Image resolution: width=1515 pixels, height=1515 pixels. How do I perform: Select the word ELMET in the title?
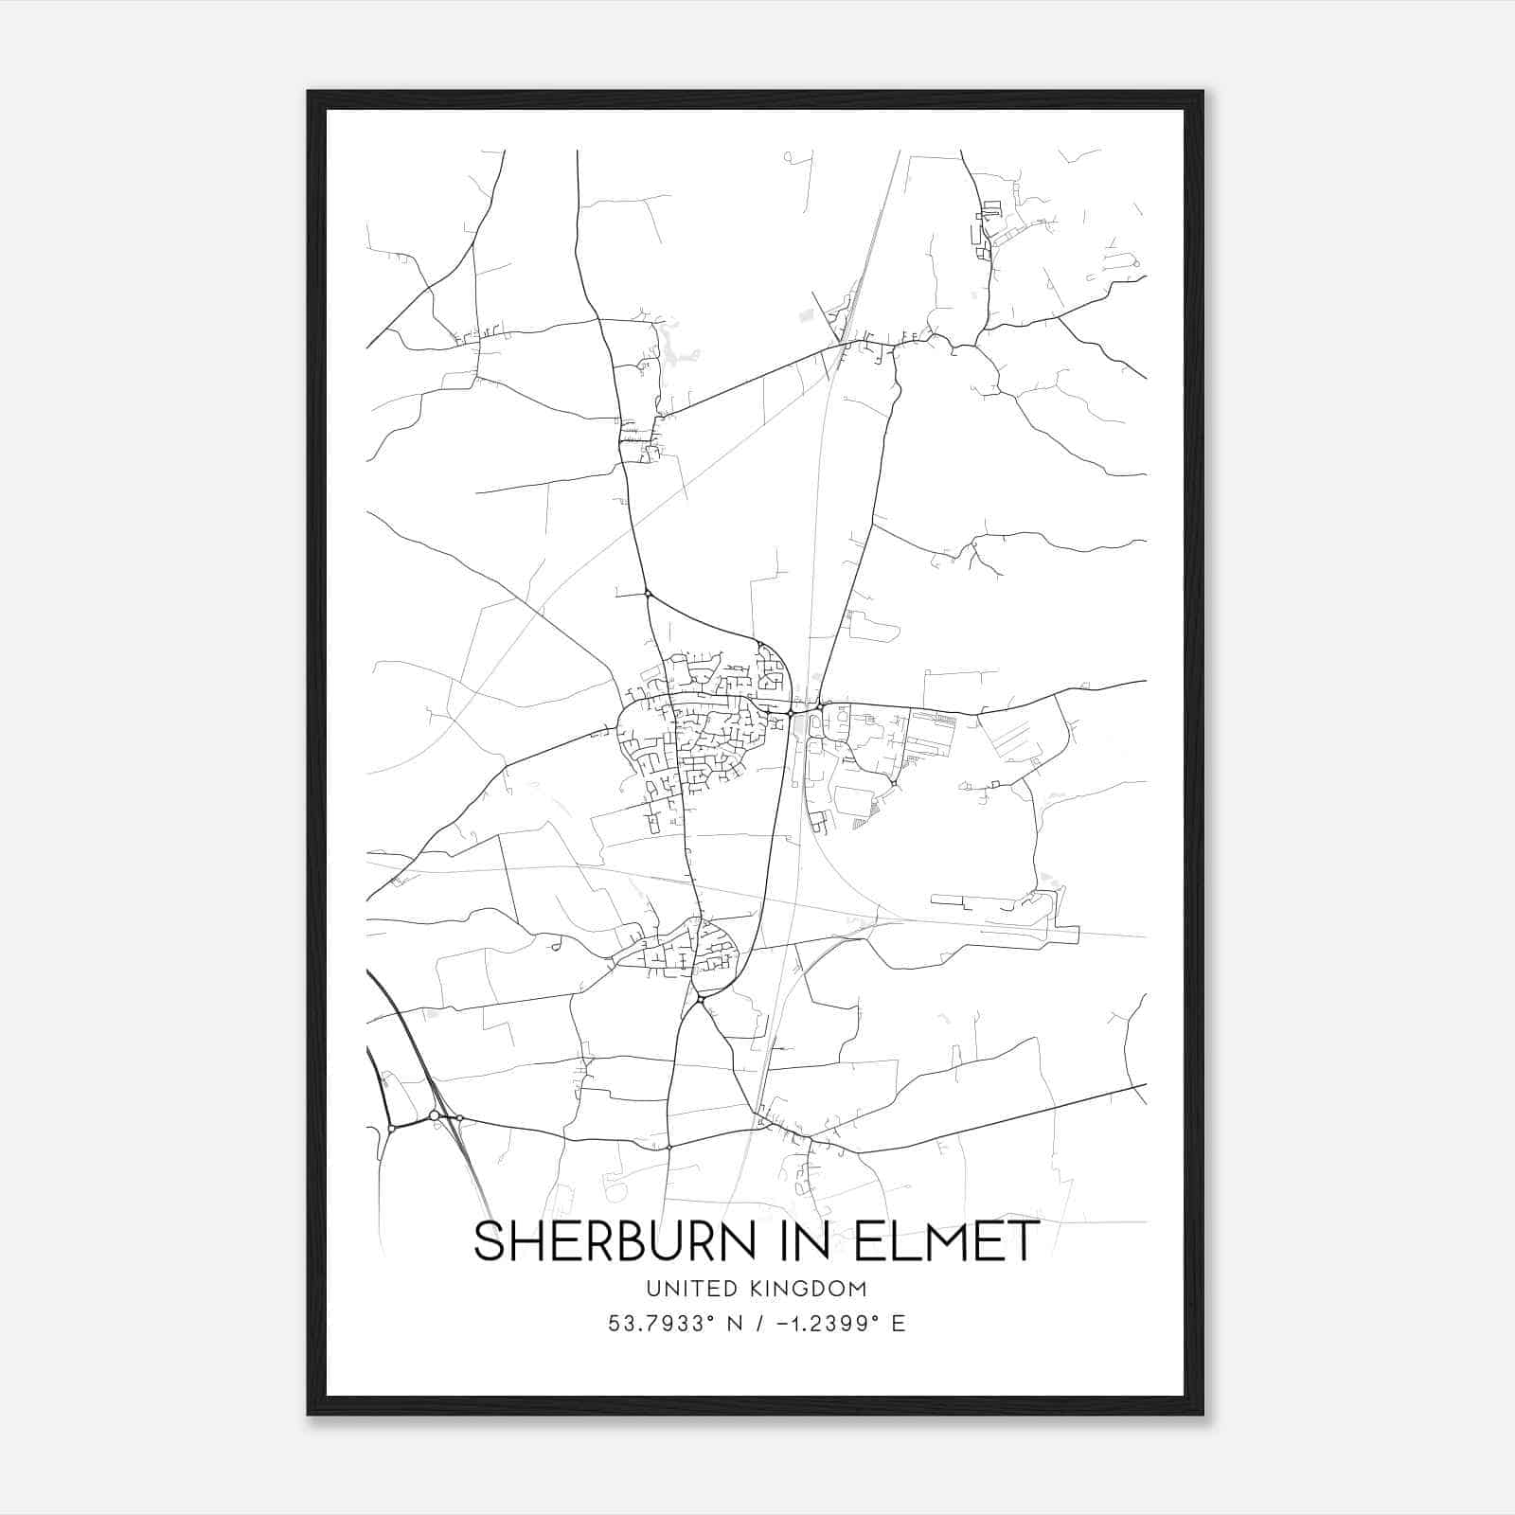954,1241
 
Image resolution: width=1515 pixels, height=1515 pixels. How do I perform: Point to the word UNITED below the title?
690,1289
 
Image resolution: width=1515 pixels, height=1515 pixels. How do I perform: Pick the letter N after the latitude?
733,1324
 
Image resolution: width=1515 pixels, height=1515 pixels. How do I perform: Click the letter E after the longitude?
899,1324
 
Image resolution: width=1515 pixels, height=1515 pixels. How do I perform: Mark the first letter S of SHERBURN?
490,1241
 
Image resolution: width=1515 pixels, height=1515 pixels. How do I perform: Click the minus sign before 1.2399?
782,1324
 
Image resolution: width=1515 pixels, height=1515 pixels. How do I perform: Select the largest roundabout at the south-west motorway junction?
434,1115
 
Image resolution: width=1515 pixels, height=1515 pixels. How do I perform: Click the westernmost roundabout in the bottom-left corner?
391,1129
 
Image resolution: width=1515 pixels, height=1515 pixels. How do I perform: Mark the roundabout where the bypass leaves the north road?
648,594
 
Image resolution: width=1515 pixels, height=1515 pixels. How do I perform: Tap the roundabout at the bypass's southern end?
700,999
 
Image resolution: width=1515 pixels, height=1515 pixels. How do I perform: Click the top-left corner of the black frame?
309,92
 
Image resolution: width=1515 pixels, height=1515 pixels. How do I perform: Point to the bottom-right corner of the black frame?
1203,1415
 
